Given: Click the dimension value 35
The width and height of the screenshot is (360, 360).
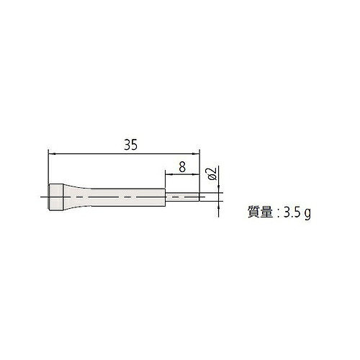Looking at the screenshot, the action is pyautogui.click(x=131, y=145).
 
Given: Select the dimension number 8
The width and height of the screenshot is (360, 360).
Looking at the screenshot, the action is pyautogui.click(x=182, y=167).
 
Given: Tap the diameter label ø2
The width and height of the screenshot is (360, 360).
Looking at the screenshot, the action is pyautogui.click(x=212, y=174).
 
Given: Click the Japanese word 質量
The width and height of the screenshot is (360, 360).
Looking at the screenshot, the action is pyautogui.click(x=260, y=212).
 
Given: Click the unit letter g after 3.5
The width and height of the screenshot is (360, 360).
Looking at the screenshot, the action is pyautogui.click(x=307, y=214).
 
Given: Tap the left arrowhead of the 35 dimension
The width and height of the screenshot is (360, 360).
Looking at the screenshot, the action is pyautogui.click(x=52, y=153).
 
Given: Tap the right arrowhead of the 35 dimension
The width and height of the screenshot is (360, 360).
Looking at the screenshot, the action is pyautogui.click(x=197, y=153).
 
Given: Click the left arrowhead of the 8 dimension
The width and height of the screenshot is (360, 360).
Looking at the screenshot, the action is pyautogui.click(x=168, y=174).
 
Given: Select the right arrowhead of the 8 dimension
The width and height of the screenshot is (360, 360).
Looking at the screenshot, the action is pyautogui.click(x=197, y=174).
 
